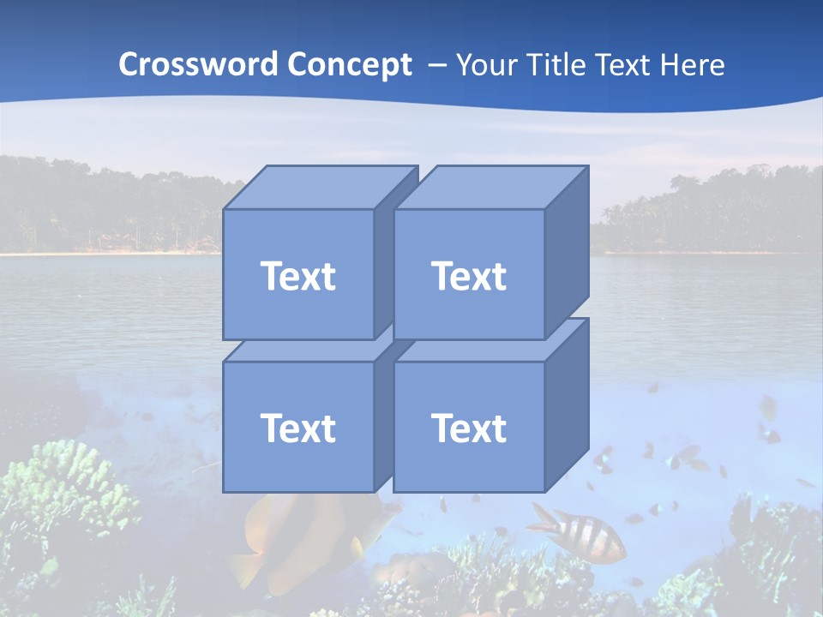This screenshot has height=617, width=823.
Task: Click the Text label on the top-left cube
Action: click(x=297, y=276)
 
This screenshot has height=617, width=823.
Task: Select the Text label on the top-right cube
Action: click(x=468, y=276)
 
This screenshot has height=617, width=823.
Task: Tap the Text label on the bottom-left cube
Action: click(x=297, y=428)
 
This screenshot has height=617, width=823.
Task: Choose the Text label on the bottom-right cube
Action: click(x=468, y=428)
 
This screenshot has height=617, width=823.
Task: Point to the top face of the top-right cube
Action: click(x=490, y=188)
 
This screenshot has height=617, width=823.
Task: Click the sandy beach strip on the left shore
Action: click(x=103, y=252)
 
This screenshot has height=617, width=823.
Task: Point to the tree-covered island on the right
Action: click(x=712, y=214)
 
